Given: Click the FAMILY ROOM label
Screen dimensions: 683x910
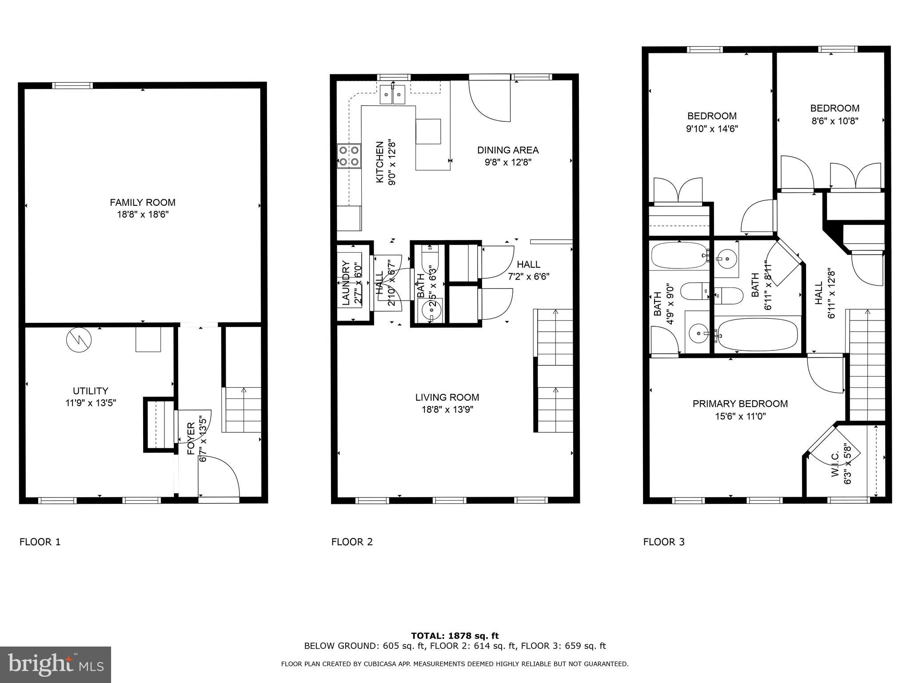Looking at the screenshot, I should (142, 202).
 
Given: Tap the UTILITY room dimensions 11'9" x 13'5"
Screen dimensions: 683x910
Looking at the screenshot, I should (90, 403).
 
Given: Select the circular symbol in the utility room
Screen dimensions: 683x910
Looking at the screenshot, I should (79, 340).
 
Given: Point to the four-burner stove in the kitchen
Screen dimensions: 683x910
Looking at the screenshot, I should (349, 156).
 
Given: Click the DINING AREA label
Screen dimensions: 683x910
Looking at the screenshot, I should (508, 150).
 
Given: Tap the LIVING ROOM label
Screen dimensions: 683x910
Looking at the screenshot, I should (447, 397).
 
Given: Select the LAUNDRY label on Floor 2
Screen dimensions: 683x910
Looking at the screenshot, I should (346, 283).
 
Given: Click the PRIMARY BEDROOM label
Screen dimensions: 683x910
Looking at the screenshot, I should (740, 404).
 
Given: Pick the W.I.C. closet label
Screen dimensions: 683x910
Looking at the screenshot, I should (834, 464).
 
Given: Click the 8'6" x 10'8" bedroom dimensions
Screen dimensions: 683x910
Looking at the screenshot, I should (834, 121).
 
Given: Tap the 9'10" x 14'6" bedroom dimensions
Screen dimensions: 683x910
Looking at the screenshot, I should (711, 129).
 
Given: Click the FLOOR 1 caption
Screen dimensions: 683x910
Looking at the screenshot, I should (40, 542).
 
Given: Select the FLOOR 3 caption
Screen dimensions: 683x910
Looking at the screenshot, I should (664, 542).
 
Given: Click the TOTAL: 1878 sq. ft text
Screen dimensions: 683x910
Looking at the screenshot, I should (455, 636).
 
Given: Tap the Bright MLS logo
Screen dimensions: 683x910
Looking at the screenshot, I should (56, 664).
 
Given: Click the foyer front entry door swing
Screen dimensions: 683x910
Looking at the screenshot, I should (219, 478).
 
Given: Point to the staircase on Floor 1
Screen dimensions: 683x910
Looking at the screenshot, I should (243, 409).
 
